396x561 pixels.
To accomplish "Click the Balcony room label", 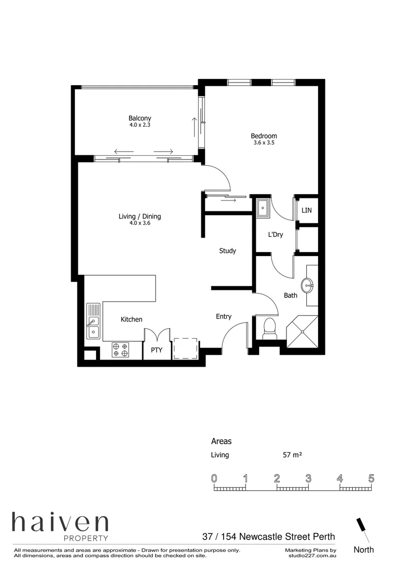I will pyautogui.click(x=140, y=118).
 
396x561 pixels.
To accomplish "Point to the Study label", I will pyautogui.click(x=227, y=251).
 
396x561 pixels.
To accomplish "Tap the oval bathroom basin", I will pyautogui.click(x=307, y=285).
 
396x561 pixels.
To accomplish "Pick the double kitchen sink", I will pyautogui.click(x=93, y=320).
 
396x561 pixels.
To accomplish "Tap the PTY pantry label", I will pyautogui.click(x=157, y=350).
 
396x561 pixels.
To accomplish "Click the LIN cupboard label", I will pyautogui.click(x=307, y=210).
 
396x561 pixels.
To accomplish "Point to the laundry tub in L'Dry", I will pyautogui.click(x=263, y=208).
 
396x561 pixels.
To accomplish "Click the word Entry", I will pyautogui.click(x=224, y=316).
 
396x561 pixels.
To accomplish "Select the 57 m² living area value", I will pyautogui.click(x=292, y=455).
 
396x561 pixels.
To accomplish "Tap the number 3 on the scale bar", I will pyautogui.click(x=308, y=478).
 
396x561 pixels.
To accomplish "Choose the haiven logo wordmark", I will pyautogui.click(x=60, y=523).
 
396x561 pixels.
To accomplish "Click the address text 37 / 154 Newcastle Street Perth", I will pyautogui.click(x=268, y=537).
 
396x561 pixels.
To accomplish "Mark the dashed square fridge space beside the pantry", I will pyautogui.click(x=185, y=348).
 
